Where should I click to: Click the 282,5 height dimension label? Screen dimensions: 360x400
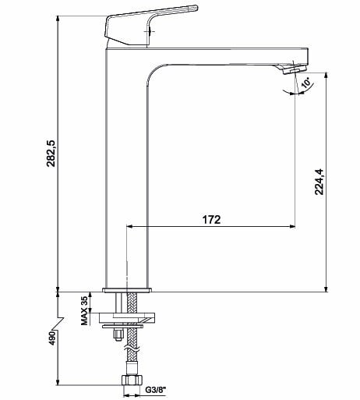pos(51,154)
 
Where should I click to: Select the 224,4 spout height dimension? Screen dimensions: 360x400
pos(319,182)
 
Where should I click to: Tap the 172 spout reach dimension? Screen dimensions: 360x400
pos(211,220)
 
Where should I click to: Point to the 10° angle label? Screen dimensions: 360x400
pos(306,83)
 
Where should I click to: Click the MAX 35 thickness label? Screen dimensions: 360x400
pos(84,310)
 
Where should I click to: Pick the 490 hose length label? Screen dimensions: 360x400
pos(53,338)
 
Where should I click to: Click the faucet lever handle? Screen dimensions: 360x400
pos(150,26)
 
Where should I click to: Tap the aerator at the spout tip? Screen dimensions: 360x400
pos(295,69)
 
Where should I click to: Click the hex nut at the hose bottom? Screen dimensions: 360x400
pos(132,381)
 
